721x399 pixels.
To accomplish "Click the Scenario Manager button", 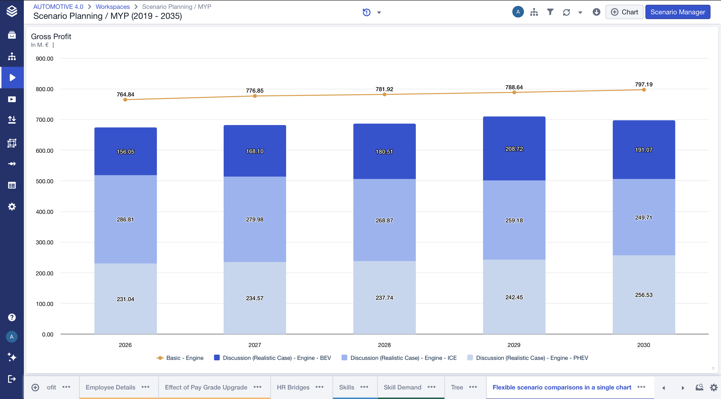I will click(x=677, y=12).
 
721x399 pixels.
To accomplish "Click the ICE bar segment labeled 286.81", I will click(x=125, y=219).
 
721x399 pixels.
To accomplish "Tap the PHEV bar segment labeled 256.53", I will click(x=644, y=294).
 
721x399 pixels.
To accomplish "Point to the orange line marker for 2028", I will click(x=384, y=94).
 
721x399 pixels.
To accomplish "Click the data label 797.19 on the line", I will click(x=644, y=84).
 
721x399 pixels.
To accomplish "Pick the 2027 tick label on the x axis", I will click(x=254, y=345).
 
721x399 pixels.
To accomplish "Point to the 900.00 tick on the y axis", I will click(x=45, y=58).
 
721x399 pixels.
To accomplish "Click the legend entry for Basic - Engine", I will click(x=180, y=358).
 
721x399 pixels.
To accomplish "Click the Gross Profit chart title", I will click(x=51, y=37).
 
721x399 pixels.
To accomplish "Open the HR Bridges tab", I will click(x=293, y=387).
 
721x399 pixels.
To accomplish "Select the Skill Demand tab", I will click(x=402, y=387).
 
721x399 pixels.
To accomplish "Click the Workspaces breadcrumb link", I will click(x=113, y=7).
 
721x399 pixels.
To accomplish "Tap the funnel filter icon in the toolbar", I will click(x=550, y=12).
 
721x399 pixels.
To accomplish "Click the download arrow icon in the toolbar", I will click(x=596, y=12).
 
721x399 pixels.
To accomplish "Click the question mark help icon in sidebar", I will click(x=12, y=317).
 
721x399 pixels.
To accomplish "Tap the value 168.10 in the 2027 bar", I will click(x=254, y=151).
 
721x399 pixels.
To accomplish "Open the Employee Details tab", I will click(x=110, y=387).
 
